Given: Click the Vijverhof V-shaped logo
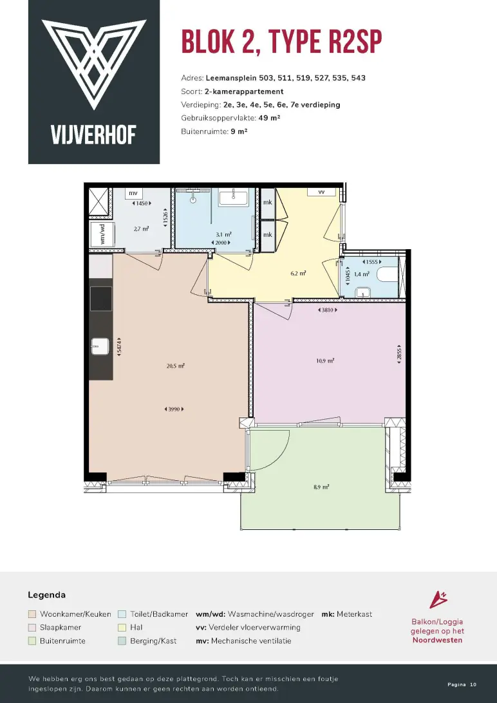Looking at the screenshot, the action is point(94,63).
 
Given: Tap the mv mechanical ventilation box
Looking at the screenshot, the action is point(133,193).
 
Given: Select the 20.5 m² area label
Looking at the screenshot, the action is point(175,366).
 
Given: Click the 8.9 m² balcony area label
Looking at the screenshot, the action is point(320,487).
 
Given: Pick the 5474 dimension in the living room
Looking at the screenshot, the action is point(118,346).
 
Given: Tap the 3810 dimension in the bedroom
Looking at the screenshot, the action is point(326,310).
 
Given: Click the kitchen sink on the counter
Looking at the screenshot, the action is point(100,346).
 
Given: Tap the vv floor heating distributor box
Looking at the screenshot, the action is point(321,191).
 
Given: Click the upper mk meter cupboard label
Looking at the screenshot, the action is point(268,202).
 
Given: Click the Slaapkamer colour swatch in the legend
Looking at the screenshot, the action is point(32,627).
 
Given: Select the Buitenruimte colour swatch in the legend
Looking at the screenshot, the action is point(32,641).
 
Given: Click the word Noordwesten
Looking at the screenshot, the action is point(437,640).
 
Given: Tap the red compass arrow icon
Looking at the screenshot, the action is point(438,599).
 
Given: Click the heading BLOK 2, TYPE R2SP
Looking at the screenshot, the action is point(281,42).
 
